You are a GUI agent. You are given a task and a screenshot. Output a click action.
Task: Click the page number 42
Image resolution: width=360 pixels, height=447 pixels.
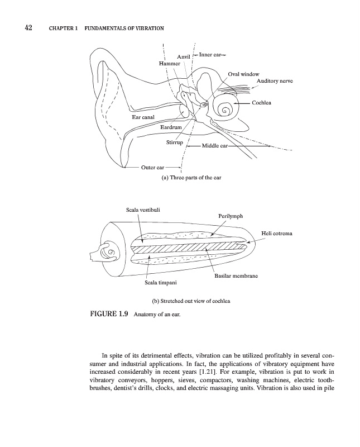[x=27, y=28]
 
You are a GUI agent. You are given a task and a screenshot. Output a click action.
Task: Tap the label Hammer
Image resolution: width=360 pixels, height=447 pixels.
[x=170, y=64]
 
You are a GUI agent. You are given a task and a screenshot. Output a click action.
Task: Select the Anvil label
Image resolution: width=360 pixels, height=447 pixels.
[x=184, y=57]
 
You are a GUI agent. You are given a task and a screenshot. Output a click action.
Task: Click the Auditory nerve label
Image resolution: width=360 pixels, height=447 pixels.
[x=275, y=82]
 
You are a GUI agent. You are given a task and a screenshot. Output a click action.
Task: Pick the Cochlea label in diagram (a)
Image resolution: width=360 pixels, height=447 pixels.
[x=261, y=103]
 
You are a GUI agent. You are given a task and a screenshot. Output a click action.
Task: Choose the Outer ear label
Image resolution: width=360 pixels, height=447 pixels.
[x=152, y=167]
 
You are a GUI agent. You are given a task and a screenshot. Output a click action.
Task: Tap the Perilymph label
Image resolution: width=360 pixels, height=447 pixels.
[x=231, y=216]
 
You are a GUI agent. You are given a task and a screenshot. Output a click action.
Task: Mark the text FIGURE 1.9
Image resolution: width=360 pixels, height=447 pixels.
[x=109, y=315]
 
